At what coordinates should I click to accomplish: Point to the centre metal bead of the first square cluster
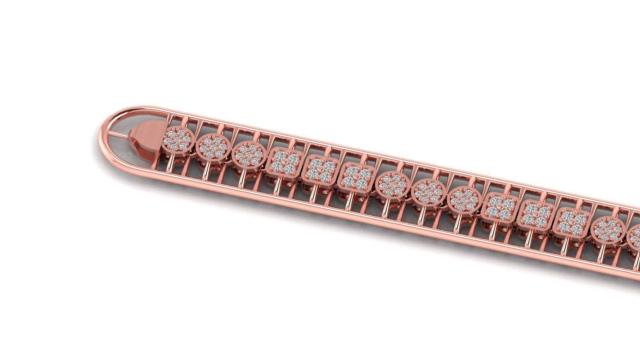pos(283,163)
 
